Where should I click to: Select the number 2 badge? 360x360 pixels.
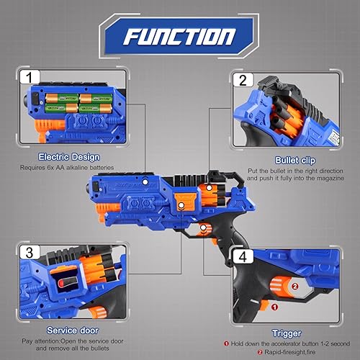pyautogui.click(x=243, y=81)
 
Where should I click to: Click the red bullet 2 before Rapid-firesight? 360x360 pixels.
pyautogui.click(x=246, y=351)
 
